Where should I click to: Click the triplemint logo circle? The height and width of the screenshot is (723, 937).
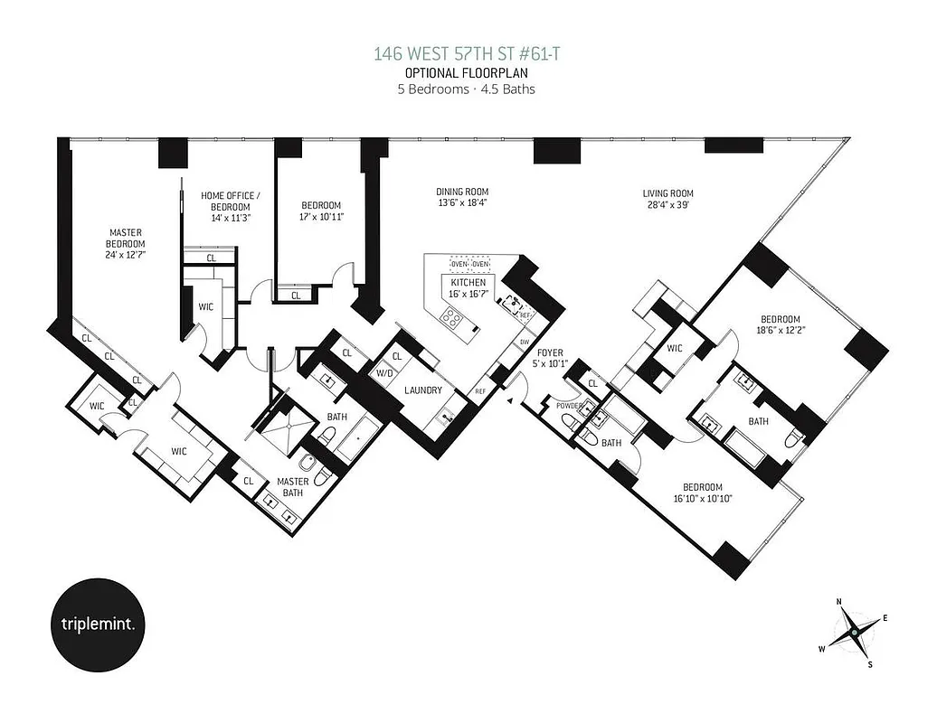(95, 624)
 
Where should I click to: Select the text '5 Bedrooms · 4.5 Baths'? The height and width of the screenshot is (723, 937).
(468, 89)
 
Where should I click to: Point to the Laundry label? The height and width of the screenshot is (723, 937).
(423, 390)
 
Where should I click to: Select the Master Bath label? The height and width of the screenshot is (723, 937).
(292, 486)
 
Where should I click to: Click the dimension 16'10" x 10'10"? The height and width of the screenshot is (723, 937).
(703, 497)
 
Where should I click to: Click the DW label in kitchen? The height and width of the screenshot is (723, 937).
(524, 343)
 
